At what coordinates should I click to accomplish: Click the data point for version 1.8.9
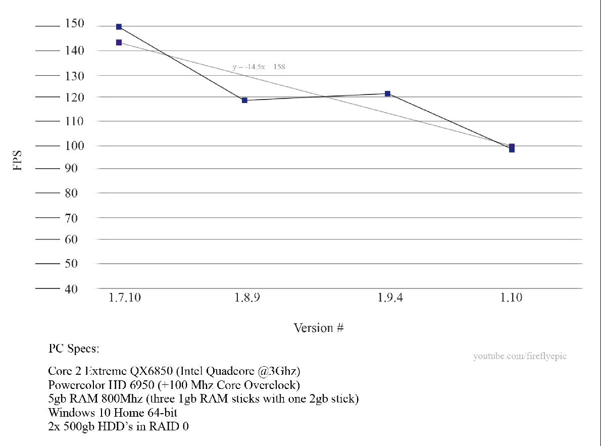244,100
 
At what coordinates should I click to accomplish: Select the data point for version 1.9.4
387,93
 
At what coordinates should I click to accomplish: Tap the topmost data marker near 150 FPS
119,26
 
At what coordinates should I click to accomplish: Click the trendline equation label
259,67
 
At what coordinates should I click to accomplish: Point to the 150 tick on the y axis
75,25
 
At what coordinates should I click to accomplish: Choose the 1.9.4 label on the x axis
390,298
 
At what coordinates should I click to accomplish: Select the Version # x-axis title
319,328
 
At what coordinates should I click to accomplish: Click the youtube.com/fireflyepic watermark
520,356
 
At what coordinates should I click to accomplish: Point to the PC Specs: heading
74,349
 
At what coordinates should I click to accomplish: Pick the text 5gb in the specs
57,399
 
